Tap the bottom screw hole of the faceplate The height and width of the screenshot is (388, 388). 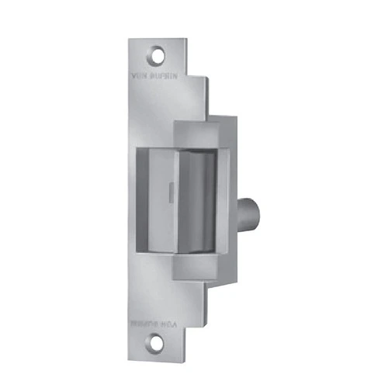pyautogui.click(x=159, y=338)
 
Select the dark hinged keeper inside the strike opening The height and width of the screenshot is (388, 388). pyautogui.click(x=198, y=198)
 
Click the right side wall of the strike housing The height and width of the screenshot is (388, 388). pyautogui.click(x=230, y=194)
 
